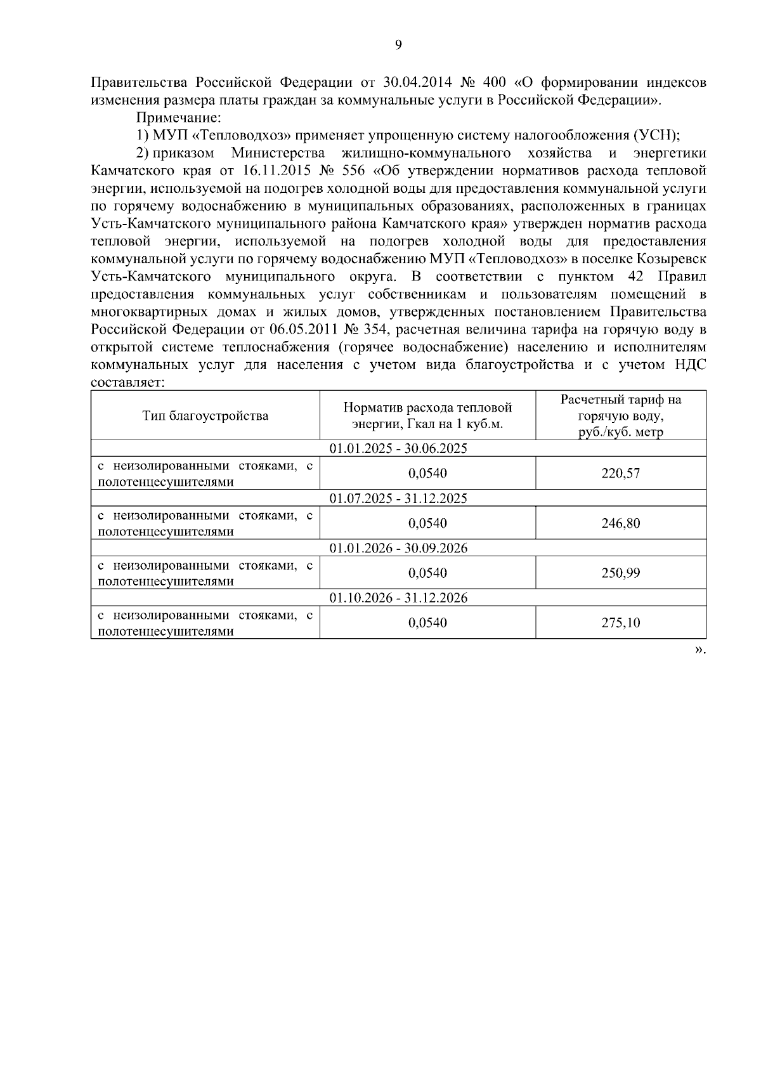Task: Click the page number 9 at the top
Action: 398,44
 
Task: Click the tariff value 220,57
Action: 620,473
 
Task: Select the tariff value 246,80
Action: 620,523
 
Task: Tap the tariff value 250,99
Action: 620,573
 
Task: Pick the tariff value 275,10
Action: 620,623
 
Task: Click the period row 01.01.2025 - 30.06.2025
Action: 398,448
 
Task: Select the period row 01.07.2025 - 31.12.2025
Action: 398,498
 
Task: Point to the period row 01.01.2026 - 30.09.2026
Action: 398,548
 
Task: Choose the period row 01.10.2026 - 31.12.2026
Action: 398,597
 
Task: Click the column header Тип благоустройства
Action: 205,416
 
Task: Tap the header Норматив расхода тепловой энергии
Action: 427,416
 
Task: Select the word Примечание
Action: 179,117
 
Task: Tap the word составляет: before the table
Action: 128,382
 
